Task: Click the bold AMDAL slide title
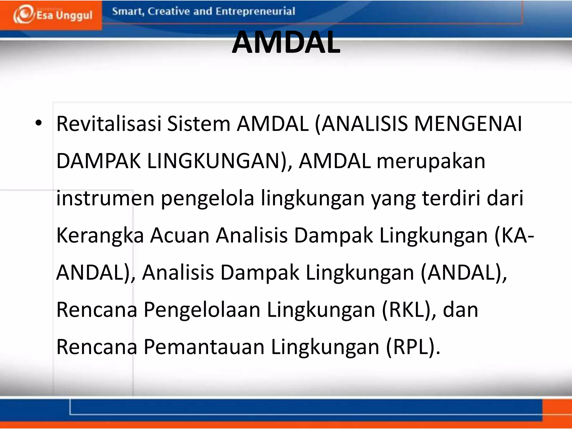tap(286, 42)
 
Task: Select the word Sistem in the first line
tap(199, 123)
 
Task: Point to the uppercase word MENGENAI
tap(468, 123)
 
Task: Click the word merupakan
tap(431, 161)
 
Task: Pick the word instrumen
tap(105, 198)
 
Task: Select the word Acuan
tap(180, 235)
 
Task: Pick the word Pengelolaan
tap(202, 310)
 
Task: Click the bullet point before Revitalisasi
tap(39, 123)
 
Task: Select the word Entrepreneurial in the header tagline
tap(255, 11)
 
